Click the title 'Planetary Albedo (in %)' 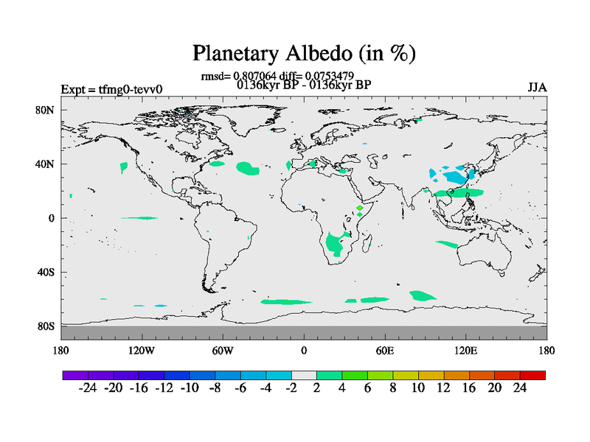point(304,53)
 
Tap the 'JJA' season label point(537,88)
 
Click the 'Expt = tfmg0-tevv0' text point(112,89)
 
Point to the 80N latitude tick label point(45,110)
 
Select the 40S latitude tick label point(46,272)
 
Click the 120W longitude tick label point(142,351)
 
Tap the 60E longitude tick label point(385,351)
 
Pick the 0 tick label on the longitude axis point(304,351)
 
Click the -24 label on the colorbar point(88,388)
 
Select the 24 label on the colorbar point(520,388)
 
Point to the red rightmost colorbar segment point(532,375)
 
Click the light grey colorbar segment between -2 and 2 point(304,375)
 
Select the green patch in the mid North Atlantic point(248,169)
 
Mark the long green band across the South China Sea point(458,193)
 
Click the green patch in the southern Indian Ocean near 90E point(422,296)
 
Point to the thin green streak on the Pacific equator point(139,218)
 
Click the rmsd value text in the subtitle point(238,77)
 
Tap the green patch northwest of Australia point(447,245)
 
